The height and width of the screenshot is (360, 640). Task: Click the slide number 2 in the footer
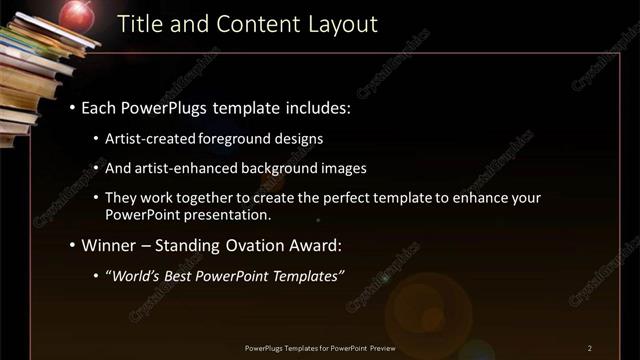click(590, 348)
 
